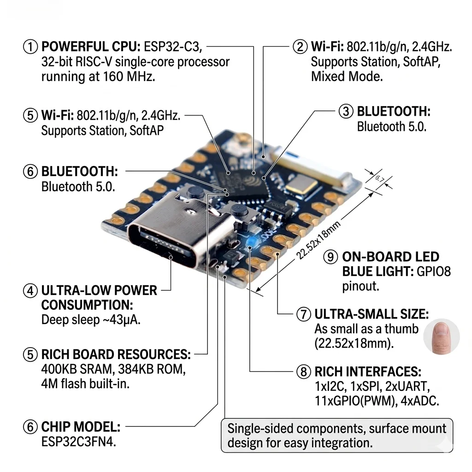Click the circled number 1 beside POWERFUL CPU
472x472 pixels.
click(x=30, y=47)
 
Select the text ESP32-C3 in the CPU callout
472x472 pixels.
click(x=173, y=47)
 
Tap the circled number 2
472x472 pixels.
click(x=300, y=47)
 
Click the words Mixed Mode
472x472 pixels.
click(x=347, y=76)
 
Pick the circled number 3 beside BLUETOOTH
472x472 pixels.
click(x=346, y=112)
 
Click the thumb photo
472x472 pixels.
click(x=441, y=335)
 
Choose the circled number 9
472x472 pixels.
click(x=331, y=257)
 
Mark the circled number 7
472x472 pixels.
click(x=303, y=314)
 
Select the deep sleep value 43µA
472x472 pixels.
click(x=124, y=319)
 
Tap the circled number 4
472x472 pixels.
click(x=30, y=291)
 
